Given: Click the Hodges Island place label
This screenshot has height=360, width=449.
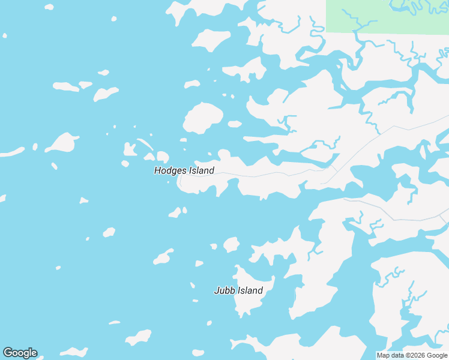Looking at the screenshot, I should coord(184,171).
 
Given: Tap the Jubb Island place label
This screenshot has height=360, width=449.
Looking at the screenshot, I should coord(238,291).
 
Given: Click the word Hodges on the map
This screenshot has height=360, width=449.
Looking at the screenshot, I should coord(170,171).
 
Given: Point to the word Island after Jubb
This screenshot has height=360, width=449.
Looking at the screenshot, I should coord(250,291).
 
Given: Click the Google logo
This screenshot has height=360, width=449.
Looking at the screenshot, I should coord(20,353).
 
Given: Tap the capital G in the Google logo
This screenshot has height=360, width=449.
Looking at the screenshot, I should coord(8,353).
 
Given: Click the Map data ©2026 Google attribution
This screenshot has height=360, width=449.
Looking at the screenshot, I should coord(412,356).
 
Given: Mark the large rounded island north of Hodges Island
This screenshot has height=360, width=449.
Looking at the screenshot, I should coord(202,118).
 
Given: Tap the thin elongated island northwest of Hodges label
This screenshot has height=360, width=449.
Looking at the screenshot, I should coord(145,144).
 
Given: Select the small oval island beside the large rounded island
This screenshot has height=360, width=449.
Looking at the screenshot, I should coord(235,124).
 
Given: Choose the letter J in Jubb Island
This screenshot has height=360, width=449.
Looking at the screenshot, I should coord(217,291).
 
